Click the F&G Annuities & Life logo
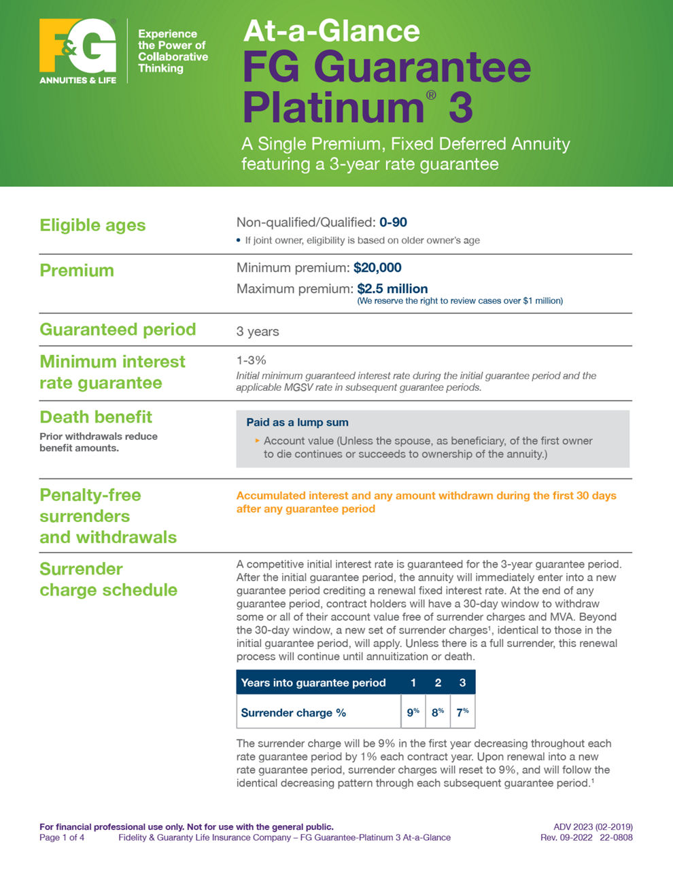77,50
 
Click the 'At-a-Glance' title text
331,31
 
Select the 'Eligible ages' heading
92,225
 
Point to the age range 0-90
393,222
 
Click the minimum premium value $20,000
377,268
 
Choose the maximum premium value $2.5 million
392,289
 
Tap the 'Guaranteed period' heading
118,330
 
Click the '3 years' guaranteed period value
258,332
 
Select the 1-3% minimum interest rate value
252,360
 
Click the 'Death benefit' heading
96,417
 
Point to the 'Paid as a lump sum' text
297,423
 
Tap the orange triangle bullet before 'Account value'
258,440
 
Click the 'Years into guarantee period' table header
313,682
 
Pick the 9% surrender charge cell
413,712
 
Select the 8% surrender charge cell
438,712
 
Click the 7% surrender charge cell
462,712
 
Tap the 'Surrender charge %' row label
294,713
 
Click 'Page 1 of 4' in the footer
62,837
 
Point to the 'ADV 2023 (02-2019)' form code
593,827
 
